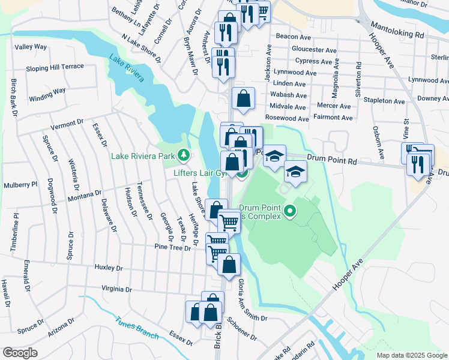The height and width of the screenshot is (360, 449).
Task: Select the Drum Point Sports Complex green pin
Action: click(x=291, y=211)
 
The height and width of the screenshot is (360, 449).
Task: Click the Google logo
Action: click(x=20, y=353)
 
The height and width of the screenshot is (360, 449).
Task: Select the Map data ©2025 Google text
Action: click(x=411, y=355)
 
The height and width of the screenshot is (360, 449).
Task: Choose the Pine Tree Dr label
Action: click(x=172, y=247)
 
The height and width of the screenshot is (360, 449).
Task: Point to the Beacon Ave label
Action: click(x=292, y=37)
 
